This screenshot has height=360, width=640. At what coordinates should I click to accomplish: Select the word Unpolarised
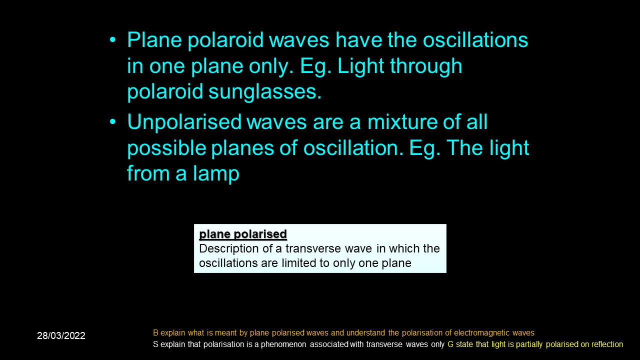click(184, 122)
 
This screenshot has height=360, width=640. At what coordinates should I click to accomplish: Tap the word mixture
click(402, 122)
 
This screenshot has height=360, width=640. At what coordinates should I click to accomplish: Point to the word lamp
click(216, 173)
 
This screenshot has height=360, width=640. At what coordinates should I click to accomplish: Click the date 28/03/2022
click(61, 335)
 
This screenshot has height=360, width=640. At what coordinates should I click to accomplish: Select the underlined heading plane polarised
click(243, 234)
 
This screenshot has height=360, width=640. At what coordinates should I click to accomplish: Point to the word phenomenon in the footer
click(283, 344)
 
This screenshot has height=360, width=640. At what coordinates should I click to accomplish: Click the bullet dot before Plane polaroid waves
click(113, 40)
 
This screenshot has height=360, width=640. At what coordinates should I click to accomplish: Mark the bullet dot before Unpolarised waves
click(113, 122)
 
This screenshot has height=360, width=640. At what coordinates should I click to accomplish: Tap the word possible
click(167, 148)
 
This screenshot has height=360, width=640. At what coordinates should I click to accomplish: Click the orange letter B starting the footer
click(155, 333)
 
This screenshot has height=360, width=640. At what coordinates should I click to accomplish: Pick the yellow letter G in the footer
click(450, 344)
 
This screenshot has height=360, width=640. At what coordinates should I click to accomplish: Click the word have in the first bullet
click(358, 39)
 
